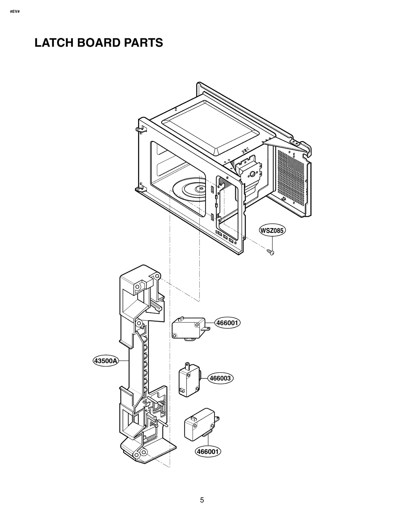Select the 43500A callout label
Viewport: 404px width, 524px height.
tap(106, 361)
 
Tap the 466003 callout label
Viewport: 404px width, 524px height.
tap(220, 378)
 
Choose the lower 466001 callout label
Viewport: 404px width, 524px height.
tap(208, 451)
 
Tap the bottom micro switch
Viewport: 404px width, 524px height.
tap(199, 425)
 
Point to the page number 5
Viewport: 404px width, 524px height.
tap(202, 500)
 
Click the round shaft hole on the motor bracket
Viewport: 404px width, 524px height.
tap(251, 174)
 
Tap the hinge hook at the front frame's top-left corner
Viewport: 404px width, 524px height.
tap(139, 129)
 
